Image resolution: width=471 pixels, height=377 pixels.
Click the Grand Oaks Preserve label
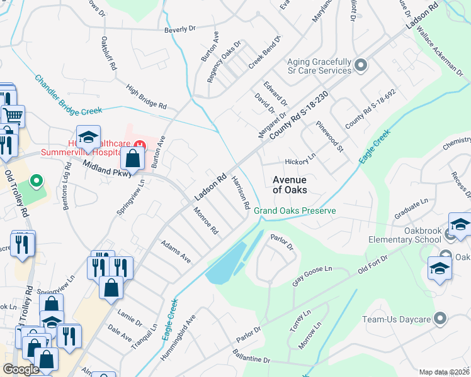tap(295, 210)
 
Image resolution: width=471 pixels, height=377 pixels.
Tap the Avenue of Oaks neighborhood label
tap(290, 185)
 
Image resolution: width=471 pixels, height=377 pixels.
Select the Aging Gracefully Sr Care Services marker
tap(361, 65)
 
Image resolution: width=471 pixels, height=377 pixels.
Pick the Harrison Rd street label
tap(241, 192)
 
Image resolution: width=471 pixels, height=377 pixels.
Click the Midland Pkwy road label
tap(105, 167)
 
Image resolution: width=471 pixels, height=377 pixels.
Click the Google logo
tap(21, 369)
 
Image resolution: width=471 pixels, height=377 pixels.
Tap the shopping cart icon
tap(13, 116)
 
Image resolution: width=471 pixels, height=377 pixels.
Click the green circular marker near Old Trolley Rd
tap(37, 183)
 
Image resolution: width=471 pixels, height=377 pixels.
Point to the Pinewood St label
tap(331, 137)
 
